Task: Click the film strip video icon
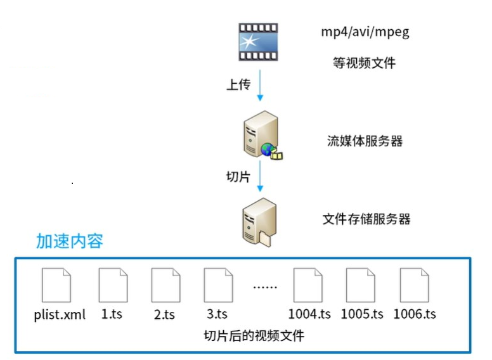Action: [258, 42]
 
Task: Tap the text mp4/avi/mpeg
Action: [365, 32]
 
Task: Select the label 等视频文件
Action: [364, 63]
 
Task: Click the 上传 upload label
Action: [238, 85]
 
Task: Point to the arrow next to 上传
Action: [259, 85]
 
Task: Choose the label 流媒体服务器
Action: [365, 141]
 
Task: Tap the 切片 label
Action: [238, 177]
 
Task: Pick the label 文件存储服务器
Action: [366, 219]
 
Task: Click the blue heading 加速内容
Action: [69, 241]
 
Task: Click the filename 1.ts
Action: [112, 314]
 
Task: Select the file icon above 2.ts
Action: [165, 285]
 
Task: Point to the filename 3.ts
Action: [217, 314]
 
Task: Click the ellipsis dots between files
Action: [265, 286]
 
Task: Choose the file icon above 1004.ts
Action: [308, 285]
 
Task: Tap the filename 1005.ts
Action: [362, 314]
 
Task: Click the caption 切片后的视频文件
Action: [254, 336]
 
